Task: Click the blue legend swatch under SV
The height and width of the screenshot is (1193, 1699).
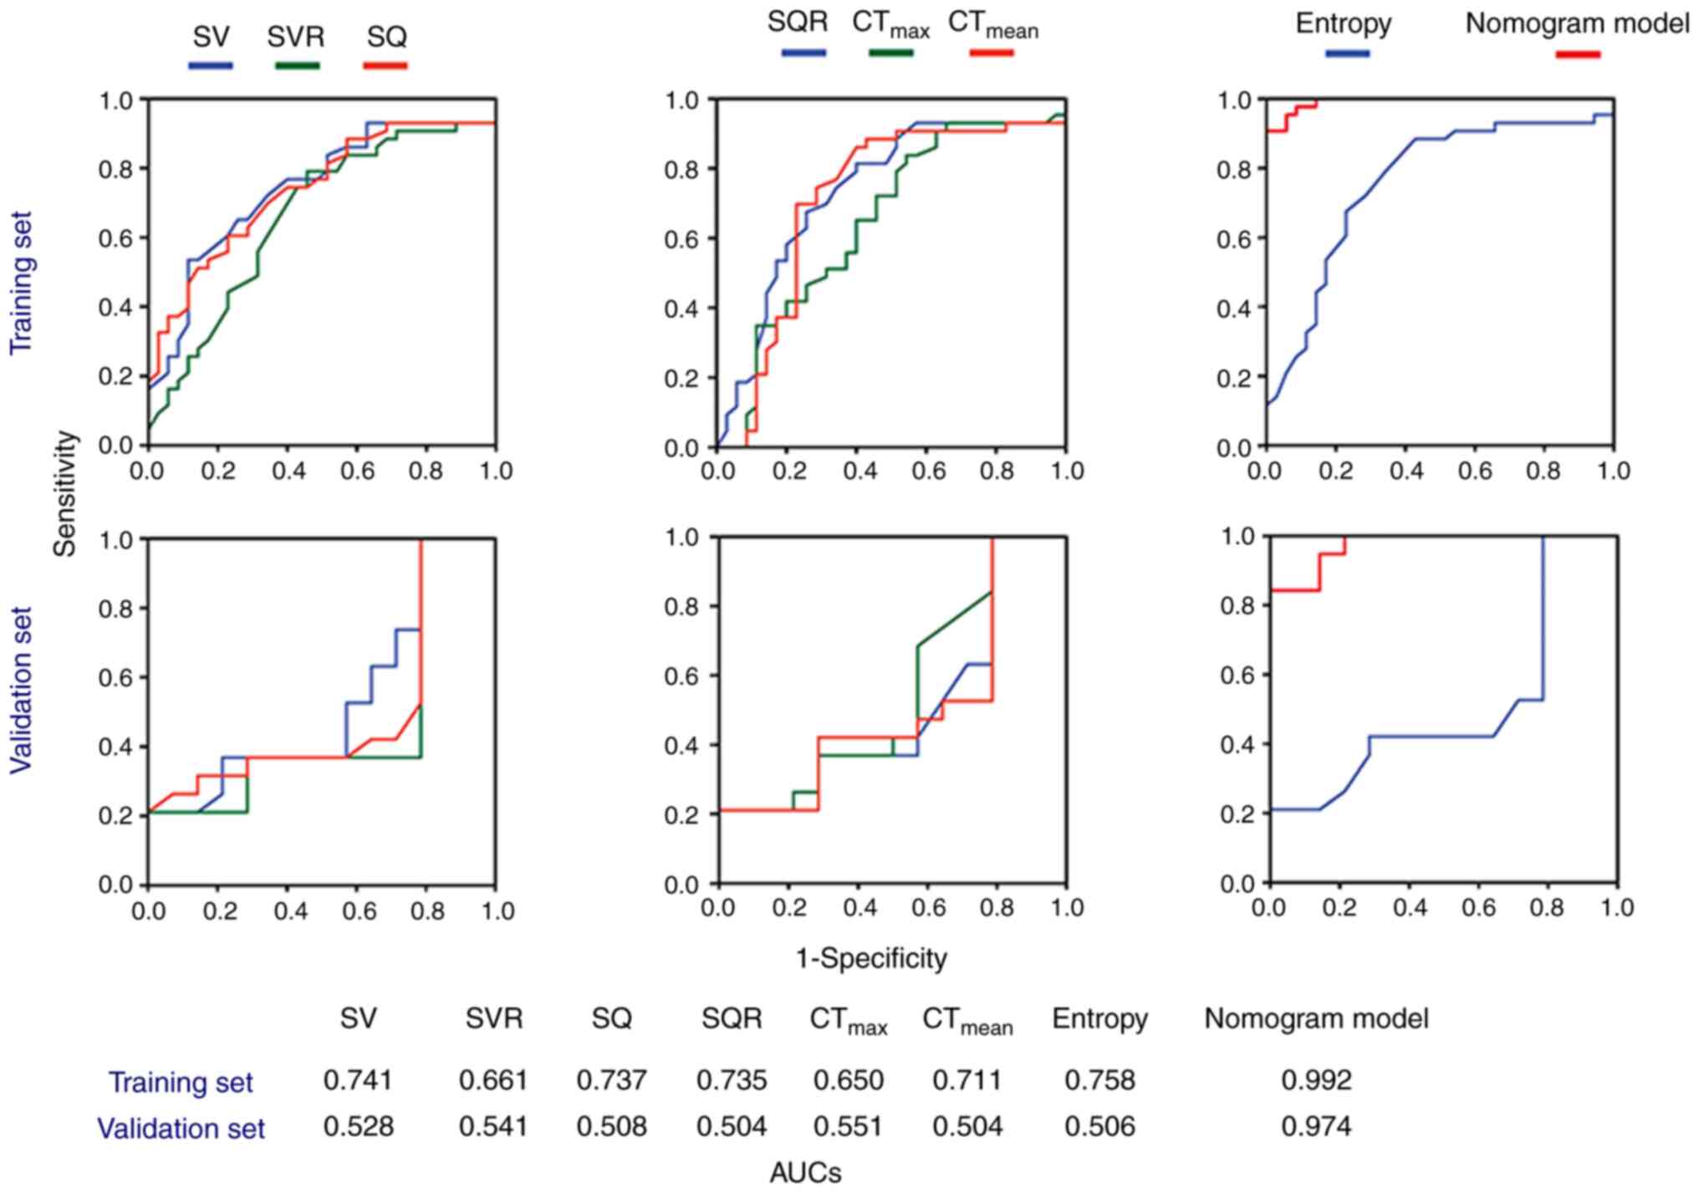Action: pyautogui.click(x=210, y=65)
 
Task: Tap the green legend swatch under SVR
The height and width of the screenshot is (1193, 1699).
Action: pyautogui.click(x=297, y=65)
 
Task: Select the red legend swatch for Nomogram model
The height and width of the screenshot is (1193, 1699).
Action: pyautogui.click(x=1577, y=55)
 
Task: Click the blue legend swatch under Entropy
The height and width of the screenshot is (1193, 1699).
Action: pyautogui.click(x=1347, y=54)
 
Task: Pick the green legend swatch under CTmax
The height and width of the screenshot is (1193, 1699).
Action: pyautogui.click(x=890, y=54)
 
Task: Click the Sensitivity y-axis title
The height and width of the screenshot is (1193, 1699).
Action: pyautogui.click(x=64, y=493)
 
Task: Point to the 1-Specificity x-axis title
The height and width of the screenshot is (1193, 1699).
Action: pyautogui.click(x=870, y=958)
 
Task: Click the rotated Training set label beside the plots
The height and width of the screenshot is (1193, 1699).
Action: pyautogui.click(x=21, y=283)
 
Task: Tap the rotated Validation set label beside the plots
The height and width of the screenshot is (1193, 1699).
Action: pyautogui.click(x=21, y=690)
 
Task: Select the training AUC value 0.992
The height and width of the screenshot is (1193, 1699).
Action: pyautogui.click(x=1316, y=1080)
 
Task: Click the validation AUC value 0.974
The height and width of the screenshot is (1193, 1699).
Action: pyautogui.click(x=1316, y=1127)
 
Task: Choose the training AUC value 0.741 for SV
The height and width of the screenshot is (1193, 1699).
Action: pyautogui.click(x=358, y=1080)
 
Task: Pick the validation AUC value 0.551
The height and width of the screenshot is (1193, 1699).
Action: pyautogui.click(x=848, y=1127)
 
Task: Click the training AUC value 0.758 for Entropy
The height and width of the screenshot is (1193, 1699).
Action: pyautogui.click(x=1100, y=1080)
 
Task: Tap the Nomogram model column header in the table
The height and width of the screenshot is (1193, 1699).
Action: pyautogui.click(x=1316, y=1018)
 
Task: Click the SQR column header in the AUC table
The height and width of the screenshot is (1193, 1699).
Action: pyautogui.click(x=732, y=1018)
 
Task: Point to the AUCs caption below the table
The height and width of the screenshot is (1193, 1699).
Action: pyautogui.click(x=805, y=1173)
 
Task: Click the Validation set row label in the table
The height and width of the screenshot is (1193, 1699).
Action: pyautogui.click(x=181, y=1129)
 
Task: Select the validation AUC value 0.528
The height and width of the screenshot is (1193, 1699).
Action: pyautogui.click(x=358, y=1127)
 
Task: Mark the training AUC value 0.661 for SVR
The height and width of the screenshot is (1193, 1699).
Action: pyautogui.click(x=493, y=1080)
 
